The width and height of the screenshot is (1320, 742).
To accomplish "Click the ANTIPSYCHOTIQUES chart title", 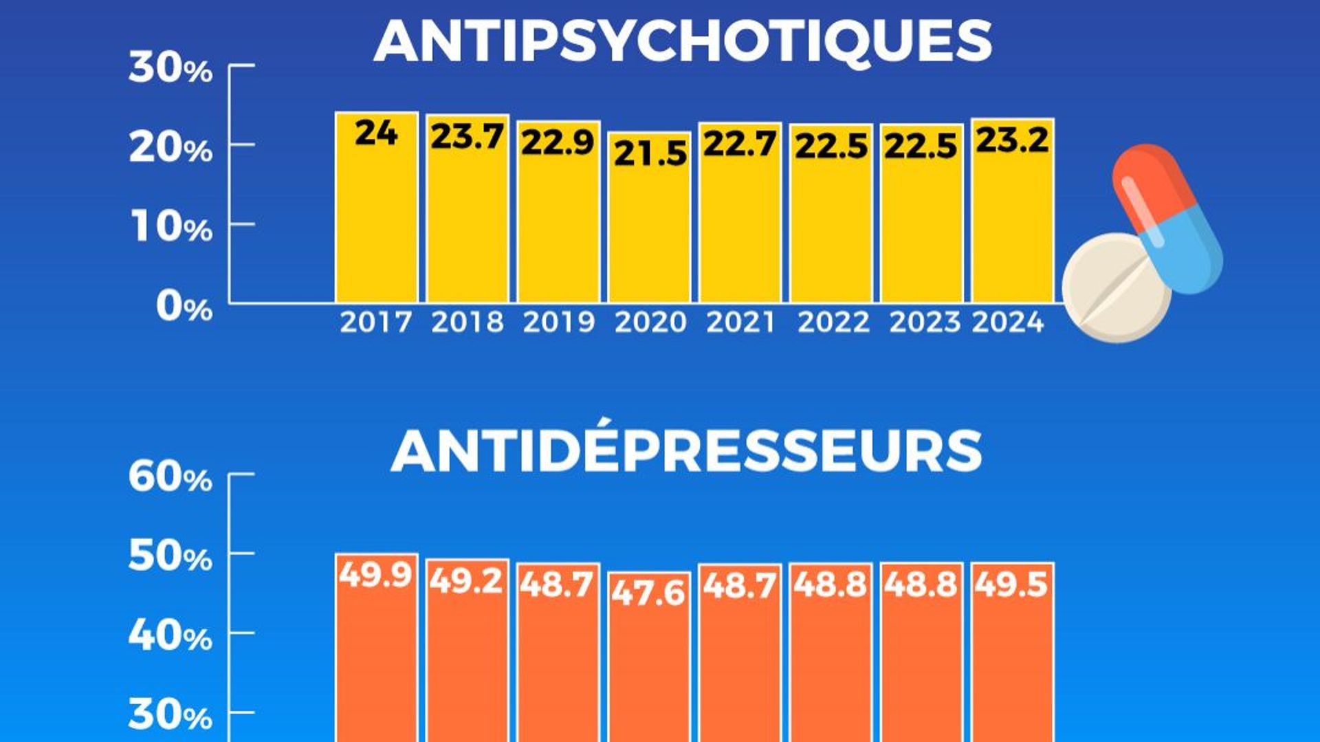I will [x=683, y=41].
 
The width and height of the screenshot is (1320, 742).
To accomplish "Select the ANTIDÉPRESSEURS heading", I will [x=686, y=451].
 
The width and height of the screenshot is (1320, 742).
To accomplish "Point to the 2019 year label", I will [x=558, y=322].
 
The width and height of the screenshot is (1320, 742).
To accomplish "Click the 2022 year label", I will [x=833, y=322].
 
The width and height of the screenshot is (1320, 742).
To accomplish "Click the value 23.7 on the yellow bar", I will [x=467, y=137].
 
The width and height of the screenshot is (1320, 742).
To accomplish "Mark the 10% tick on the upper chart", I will [x=170, y=226].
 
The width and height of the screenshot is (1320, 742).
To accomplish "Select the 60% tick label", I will [x=170, y=476].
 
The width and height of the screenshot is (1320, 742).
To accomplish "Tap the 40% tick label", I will [x=170, y=635].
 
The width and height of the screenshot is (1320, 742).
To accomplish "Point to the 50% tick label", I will [x=170, y=556].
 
